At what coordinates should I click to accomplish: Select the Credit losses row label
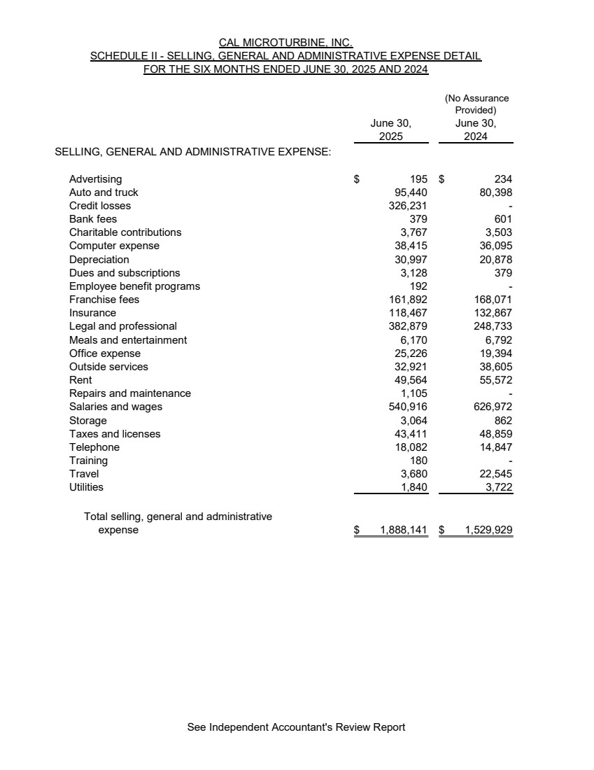100,206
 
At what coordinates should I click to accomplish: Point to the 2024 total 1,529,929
488,531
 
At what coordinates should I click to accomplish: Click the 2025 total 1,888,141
403,531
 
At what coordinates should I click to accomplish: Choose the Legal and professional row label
123,326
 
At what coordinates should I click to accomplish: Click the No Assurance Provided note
476,104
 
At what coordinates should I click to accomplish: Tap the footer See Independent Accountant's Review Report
296,727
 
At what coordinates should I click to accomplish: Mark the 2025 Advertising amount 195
418,179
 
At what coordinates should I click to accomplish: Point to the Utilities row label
86,487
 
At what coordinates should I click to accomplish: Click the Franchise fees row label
104,300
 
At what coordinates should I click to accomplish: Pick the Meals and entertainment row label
128,340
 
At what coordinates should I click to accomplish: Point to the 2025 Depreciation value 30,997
411,260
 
